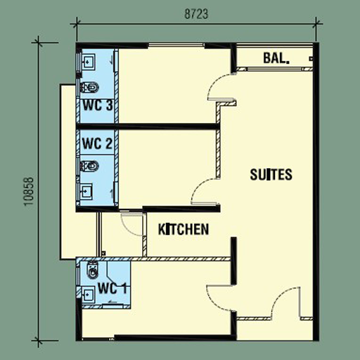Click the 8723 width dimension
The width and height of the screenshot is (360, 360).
click(x=196, y=14)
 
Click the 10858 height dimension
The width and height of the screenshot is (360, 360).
click(x=30, y=191)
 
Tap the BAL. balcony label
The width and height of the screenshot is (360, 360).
click(x=276, y=58)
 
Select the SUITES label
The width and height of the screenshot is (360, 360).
click(x=271, y=174)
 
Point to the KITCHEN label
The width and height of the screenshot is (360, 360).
click(x=184, y=229)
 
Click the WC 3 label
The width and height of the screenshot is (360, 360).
click(x=98, y=105)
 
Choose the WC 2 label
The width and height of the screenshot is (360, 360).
click(x=97, y=143)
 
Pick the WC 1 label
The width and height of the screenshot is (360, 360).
click(x=112, y=288)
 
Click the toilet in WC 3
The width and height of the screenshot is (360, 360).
click(x=89, y=88)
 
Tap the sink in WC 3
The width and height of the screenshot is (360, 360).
click(x=88, y=62)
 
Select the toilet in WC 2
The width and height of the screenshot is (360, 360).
click(x=89, y=166)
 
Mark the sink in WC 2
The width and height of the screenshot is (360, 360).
click(x=86, y=191)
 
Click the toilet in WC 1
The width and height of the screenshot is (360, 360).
click(x=92, y=270)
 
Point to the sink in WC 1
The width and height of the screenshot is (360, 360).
click(x=88, y=294)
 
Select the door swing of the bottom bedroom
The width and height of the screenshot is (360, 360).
click(x=217, y=296)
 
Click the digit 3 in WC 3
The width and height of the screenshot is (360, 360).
click(x=109, y=105)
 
